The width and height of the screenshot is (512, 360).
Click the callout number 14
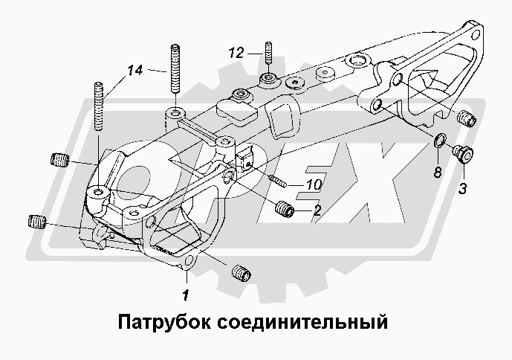pos(135,71)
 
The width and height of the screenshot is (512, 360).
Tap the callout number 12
pos(236,53)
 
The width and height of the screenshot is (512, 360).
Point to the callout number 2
pos(317,210)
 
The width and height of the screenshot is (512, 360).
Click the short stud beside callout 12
pos(268,57)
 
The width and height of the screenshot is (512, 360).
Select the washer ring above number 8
pos(439,139)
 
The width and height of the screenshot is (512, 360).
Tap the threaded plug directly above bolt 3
pos(465,118)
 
